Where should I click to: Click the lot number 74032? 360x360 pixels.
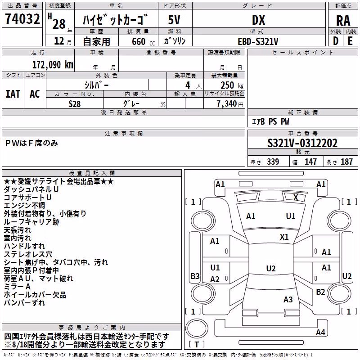[x=22, y=18]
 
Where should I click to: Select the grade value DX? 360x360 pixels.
[x=258, y=20]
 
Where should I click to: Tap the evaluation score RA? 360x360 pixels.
[x=343, y=21]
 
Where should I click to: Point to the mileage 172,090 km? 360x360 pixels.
[x=53, y=65]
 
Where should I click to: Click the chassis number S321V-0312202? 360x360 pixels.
[x=302, y=143]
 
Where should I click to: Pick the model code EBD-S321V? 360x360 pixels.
[x=258, y=41]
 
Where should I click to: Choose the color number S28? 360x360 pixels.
[x=74, y=104]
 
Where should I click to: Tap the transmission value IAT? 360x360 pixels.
[x=13, y=94]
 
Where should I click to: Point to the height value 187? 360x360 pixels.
[x=346, y=162]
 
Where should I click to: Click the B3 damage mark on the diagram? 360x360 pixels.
[x=195, y=276]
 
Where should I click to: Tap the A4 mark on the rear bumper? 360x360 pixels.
[x=320, y=332]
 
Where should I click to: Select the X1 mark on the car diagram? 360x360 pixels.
[x=284, y=237]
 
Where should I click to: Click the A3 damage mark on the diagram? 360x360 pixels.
[x=288, y=299]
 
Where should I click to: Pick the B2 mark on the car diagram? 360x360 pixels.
[x=320, y=292]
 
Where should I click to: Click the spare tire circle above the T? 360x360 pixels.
[x=197, y=328]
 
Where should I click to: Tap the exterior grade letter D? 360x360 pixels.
[x=336, y=41]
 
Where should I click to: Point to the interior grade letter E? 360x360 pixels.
[x=350, y=41]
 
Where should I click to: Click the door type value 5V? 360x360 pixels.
[x=174, y=20]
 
